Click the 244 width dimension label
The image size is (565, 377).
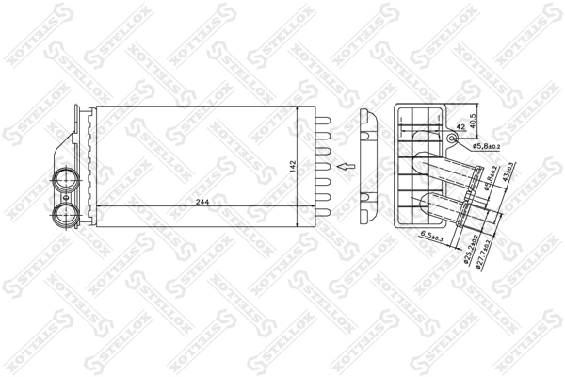point(203,201)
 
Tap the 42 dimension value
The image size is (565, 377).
point(459,127)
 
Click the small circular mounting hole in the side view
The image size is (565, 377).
point(454,140)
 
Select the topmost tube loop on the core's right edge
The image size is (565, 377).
point(322,121)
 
